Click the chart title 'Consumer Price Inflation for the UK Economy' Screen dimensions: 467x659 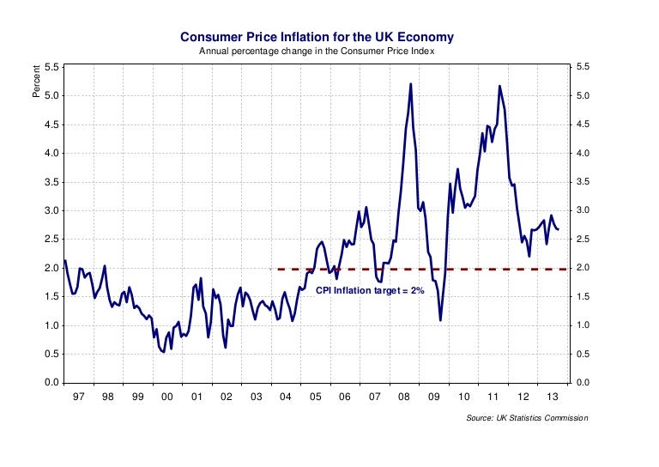click(x=317, y=37)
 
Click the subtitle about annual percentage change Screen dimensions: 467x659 click(x=317, y=52)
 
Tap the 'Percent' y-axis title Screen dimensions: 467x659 click(x=36, y=82)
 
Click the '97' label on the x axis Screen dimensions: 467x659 click(x=78, y=397)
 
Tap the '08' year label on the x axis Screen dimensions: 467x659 click(x=404, y=397)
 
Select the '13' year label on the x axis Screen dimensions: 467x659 click(x=553, y=397)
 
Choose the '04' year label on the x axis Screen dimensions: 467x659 click(x=286, y=397)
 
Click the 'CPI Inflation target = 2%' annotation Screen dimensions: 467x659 click(x=371, y=292)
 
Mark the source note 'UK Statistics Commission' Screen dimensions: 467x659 click(x=528, y=418)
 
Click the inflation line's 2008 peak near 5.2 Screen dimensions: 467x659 click(x=411, y=83)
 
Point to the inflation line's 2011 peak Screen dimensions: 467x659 click(x=499, y=86)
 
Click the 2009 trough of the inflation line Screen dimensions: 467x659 click(x=440, y=320)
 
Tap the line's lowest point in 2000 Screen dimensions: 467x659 click(x=163, y=352)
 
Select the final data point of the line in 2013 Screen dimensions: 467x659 click(x=559, y=229)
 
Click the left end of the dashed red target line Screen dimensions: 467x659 click(x=277, y=269)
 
